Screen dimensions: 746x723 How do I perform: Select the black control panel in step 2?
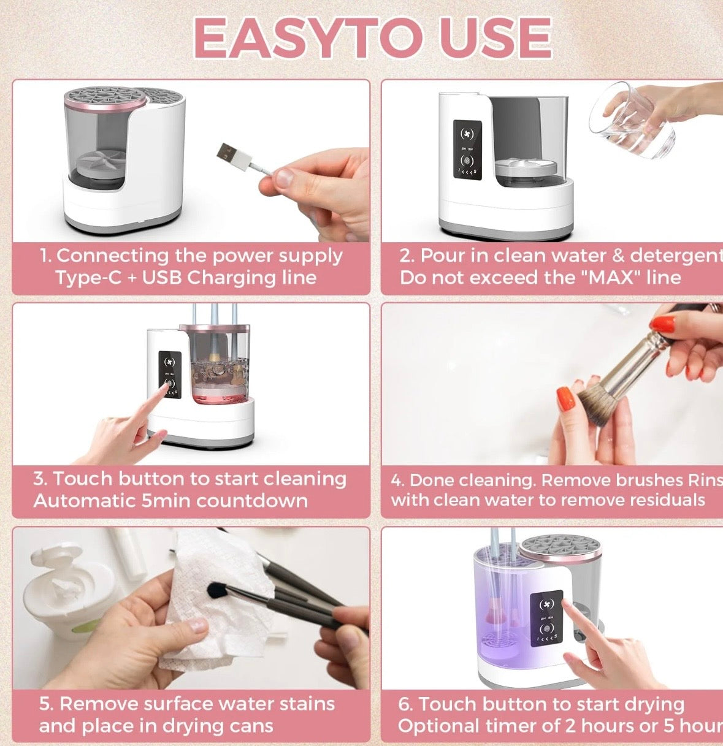[x=467, y=150]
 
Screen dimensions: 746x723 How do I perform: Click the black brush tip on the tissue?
[x=215, y=590]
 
